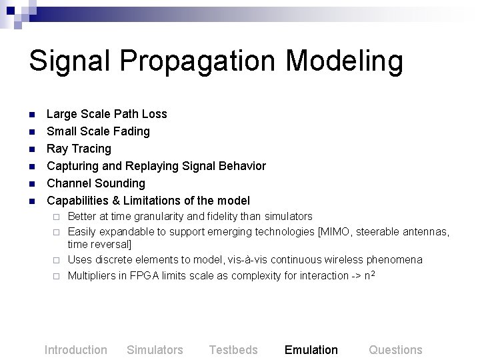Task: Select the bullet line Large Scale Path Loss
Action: tap(107, 114)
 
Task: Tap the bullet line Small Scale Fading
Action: tap(98, 131)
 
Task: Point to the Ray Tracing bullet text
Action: tap(79, 149)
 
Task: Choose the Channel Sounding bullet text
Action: tap(95, 183)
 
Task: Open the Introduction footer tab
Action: tap(75, 350)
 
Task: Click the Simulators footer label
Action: tap(155, 350)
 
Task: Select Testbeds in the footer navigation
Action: tap(233, 350)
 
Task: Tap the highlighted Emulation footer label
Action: tap(311, 350)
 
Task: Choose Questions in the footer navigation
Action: tap(395, 350)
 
